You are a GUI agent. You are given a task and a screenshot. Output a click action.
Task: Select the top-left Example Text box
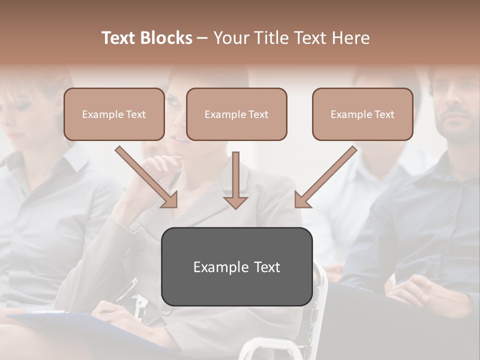[114, 114]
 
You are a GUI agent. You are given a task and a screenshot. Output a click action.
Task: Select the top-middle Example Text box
[236, 114]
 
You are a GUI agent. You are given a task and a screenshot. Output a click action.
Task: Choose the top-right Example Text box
[362, 114]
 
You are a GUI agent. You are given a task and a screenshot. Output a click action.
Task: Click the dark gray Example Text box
[236, 266]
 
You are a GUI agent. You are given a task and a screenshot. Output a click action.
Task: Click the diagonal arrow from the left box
[147, 177]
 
